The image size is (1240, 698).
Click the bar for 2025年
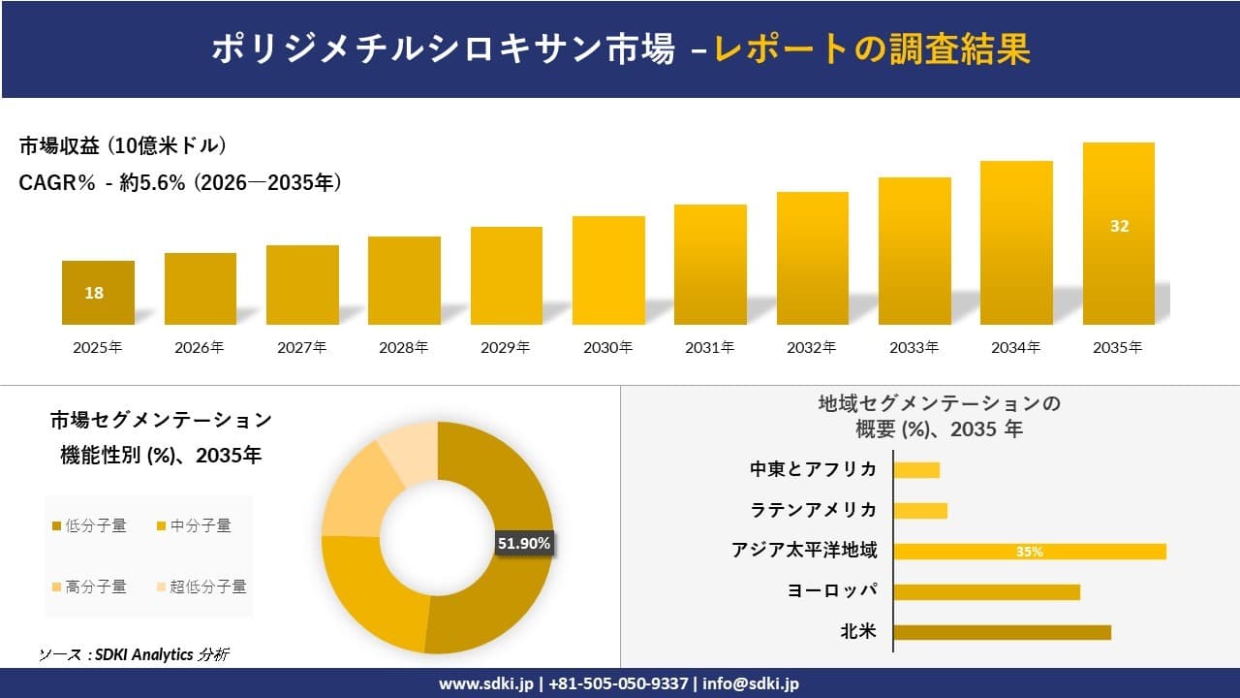point(98,293)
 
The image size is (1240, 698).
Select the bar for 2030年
point(608,270)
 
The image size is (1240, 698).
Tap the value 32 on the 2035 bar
point(1119,226)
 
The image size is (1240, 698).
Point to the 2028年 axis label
point(404,347)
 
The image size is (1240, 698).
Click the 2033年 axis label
point(914,347)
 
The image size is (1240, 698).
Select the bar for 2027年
point(302,285)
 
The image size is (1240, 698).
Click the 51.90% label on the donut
point(524,544)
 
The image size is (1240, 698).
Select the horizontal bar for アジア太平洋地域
point(1029,552)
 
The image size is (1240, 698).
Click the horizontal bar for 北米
point(1002,632)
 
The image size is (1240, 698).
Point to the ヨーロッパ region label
point(833,591)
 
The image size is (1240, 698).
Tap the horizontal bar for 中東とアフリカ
point(916,470)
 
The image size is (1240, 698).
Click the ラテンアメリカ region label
point(814,510)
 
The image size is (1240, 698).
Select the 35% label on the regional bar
point(1029,552)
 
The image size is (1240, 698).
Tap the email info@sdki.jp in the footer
point(751,683)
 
